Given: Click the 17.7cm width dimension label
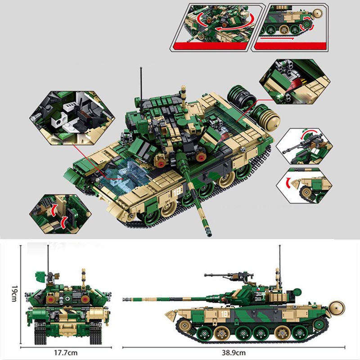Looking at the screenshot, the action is coord(66,352).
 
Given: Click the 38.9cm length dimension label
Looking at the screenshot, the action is coord(234,352).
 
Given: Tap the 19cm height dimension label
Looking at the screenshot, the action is coord(15,294).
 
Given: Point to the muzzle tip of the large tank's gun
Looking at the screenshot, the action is coord(209,234).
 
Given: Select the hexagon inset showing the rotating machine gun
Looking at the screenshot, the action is coord(304,146).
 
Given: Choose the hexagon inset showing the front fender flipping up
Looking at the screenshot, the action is coord(304,185).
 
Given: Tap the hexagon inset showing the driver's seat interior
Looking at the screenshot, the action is coord(72,117).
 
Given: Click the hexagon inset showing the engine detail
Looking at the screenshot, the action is coord(295,81).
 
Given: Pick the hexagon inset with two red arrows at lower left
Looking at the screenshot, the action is coord(60,214).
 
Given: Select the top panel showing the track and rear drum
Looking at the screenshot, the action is coord(290,27).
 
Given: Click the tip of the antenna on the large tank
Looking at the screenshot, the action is coord(141,68).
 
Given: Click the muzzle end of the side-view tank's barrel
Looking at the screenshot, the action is coord(124,299).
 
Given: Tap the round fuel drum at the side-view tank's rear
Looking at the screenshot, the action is coord(337,308).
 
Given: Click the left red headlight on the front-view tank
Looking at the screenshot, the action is coord(50,299).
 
